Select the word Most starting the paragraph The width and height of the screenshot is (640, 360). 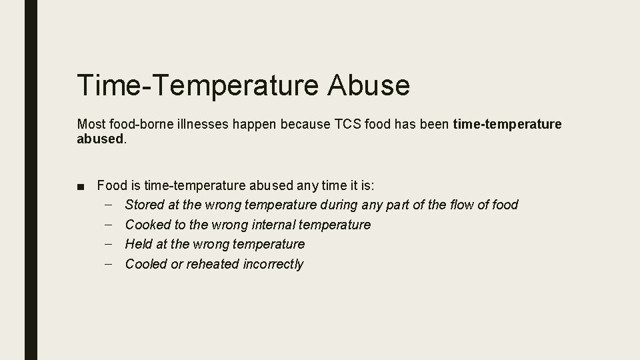click(x=90, y=125)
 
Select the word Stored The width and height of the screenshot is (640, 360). click(x=144, y=205)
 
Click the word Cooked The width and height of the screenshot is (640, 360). click(x=147, y=225)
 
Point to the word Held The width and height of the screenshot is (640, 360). click(x=138, y=244)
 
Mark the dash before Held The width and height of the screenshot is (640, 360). click(x=109, y=244)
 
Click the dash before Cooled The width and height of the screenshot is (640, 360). click(x=109, y=264)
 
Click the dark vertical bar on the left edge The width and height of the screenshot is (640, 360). click(x=31, y=180)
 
